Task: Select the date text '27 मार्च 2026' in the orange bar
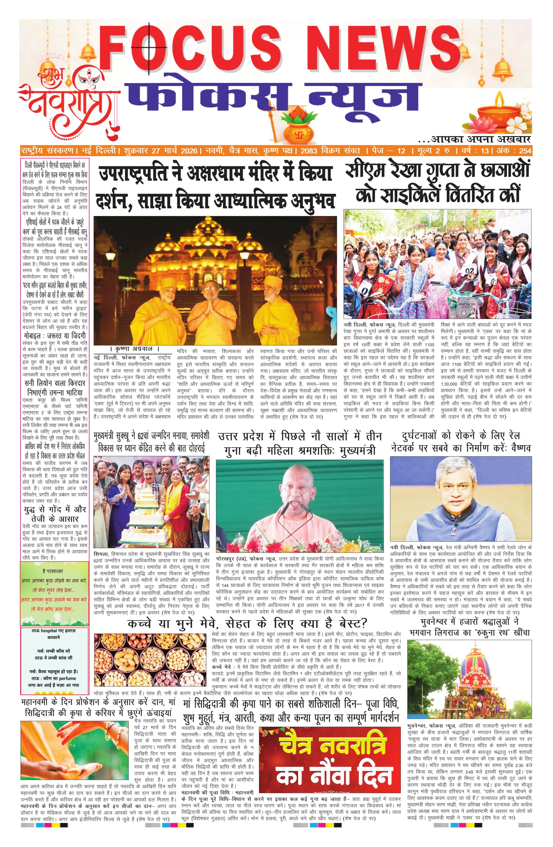174,151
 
